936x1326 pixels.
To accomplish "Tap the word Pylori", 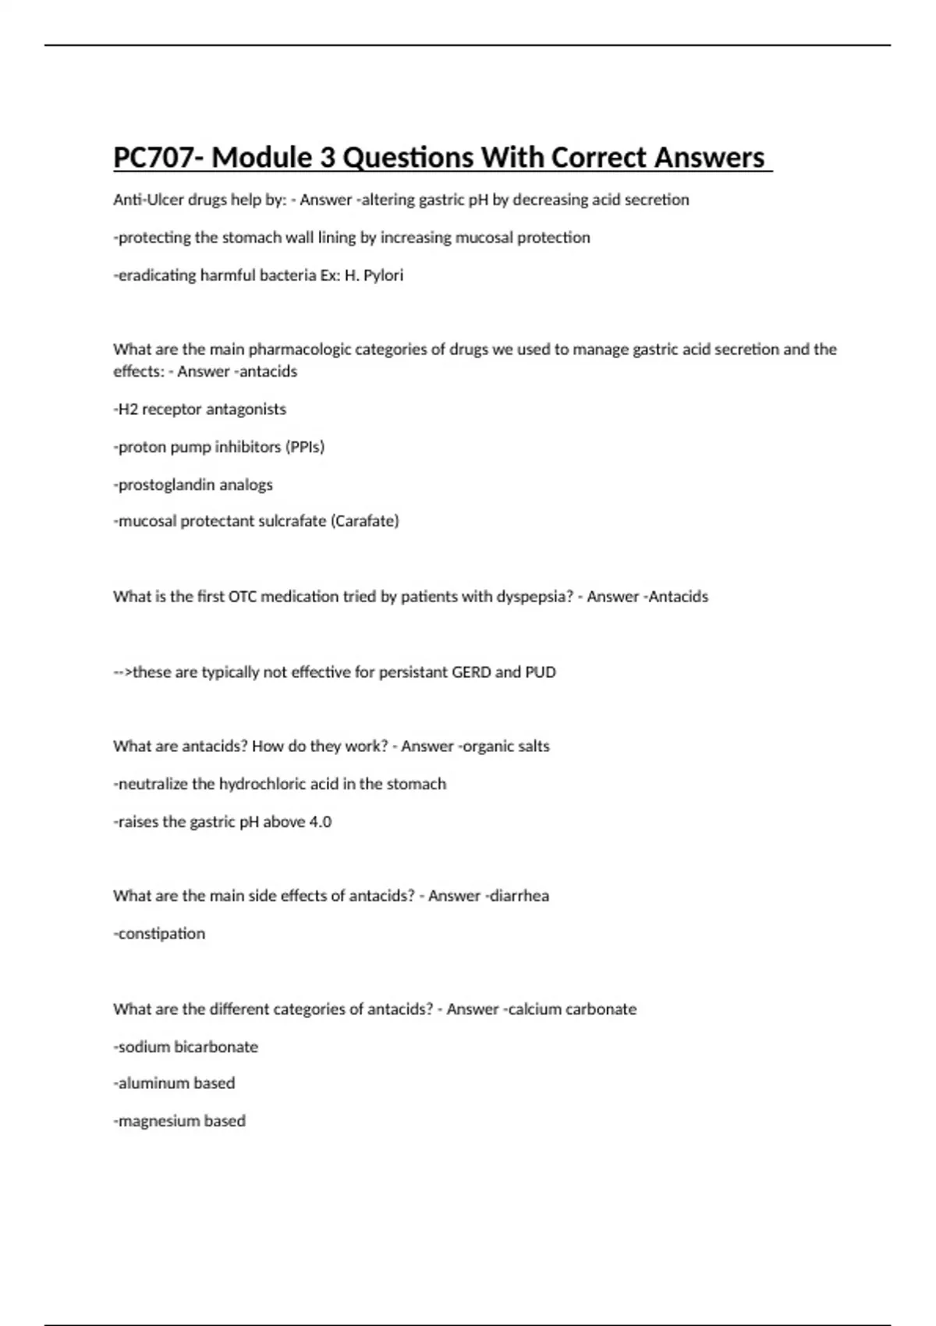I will pyautogui.click(x=383, y=275).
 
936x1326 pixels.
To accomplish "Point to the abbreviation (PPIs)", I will pyautogui.click(x=305, y=447).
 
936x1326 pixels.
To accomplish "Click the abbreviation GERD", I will pyautogui.click(x=471, y=672).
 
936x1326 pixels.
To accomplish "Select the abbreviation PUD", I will pyautogui.click(x=540, y=672).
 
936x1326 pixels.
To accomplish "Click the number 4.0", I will pyautogui.click(x=321, y=822).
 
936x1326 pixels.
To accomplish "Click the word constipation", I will pyautogui.click(x=161, y=934).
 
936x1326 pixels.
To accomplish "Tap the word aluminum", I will pyautogui.click(x=154, y=1083).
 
